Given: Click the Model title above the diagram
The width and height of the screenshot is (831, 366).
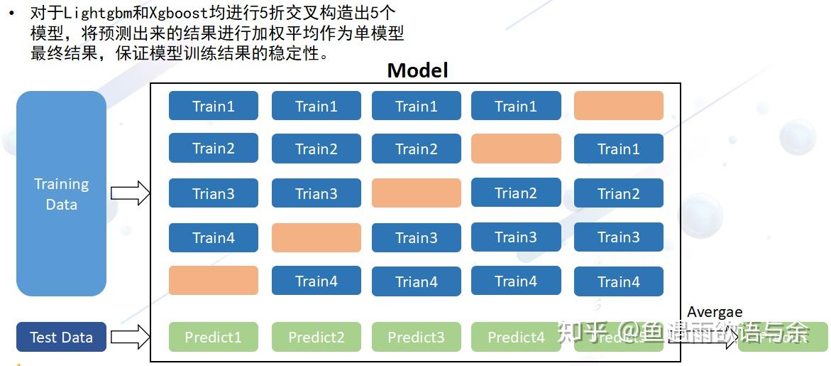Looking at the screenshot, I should click(417, 70).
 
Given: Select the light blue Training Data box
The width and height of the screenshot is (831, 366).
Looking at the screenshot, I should click(61, 194).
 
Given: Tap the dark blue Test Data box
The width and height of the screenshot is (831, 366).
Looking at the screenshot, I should click(61, 337).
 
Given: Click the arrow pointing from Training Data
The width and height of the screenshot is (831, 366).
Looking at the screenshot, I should click(131, 193).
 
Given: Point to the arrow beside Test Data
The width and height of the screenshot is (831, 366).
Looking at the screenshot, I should click(131, 337).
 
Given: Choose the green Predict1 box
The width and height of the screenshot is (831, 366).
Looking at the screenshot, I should click(213, 337).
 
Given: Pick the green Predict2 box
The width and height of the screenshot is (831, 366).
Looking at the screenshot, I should click(316, 337).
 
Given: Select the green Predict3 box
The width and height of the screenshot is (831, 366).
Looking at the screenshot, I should click(416, 337).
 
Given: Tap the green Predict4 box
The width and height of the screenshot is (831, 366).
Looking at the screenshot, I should click(516, 337).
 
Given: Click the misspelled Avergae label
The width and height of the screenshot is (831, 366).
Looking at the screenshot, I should click(715, 311).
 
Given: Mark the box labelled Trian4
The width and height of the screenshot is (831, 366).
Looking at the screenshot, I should click(416, 281).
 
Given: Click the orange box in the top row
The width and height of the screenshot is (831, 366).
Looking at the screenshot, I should click(618, 106).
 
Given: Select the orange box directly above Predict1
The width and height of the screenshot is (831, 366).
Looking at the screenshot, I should click(213, 280).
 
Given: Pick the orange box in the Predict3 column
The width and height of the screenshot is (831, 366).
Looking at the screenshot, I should click(416, 193).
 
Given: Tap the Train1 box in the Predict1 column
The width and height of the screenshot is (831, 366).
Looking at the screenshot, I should click(213, 106).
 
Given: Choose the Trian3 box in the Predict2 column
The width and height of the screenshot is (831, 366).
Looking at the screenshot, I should click(316, 193).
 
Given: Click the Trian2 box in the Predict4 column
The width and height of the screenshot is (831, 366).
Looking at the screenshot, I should click(516, 193).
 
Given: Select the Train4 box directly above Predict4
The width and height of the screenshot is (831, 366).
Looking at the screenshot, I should click(516, 281).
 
